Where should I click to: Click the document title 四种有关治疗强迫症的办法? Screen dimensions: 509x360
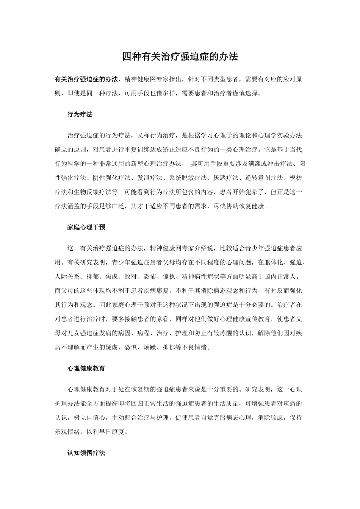pos(180,57)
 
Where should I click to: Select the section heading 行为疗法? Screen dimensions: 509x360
pos(80,114)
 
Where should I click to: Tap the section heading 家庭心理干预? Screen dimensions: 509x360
pos(86,227)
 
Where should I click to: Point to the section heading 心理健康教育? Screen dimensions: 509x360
pos(86,368)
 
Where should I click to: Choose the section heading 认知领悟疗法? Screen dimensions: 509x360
pos(86,453)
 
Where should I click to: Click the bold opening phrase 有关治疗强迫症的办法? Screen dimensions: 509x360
pos(86,79)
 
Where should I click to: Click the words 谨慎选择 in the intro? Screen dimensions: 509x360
pos(247,93)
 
